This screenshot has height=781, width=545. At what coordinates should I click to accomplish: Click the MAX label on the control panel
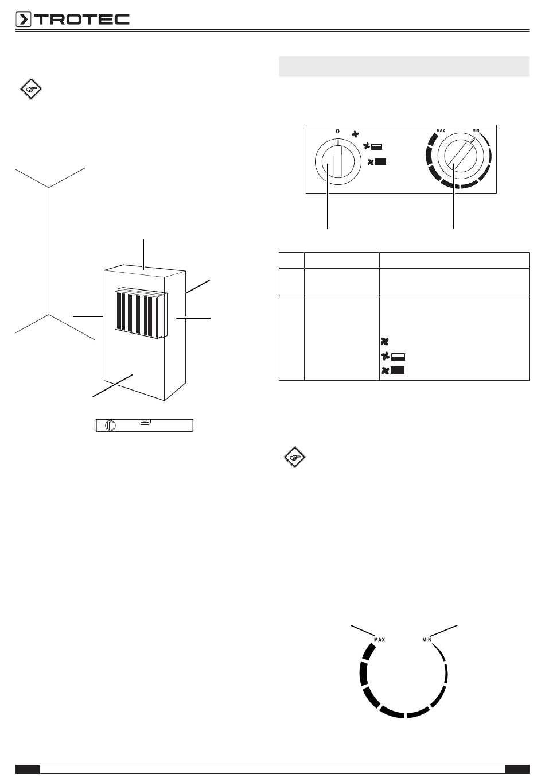coord(441,131)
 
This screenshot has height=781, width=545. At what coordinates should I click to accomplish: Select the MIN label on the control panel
coord(476,131)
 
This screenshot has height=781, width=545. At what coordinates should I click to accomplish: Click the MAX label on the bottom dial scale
coord(379,639)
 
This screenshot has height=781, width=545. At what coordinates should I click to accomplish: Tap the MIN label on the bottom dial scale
coord(426,639)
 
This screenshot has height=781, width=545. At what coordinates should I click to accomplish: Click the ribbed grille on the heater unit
coord(140,314)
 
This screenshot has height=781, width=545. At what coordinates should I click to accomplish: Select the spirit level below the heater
coord(145,426)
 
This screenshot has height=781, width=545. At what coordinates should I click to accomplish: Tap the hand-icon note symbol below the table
coord(295,458)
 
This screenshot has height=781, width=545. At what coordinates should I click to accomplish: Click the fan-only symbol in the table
coord(385,341)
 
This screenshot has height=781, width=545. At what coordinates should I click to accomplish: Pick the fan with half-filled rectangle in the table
coord(392,356)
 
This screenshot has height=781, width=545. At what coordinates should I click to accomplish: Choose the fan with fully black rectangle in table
coord(392,370)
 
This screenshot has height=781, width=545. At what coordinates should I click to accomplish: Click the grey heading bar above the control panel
coord(403,66)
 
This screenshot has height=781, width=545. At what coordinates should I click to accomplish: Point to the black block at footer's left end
coord(28,769)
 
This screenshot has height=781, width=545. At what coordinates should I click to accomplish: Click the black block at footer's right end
coord(517,769)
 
